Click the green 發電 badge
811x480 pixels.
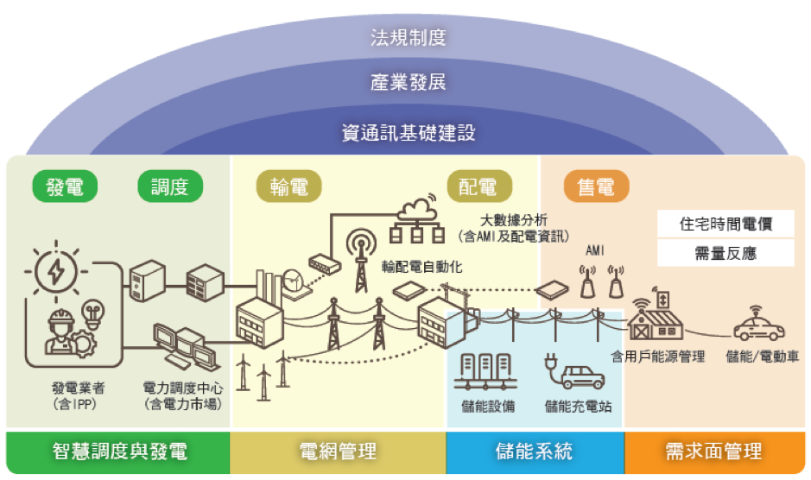(65, 186)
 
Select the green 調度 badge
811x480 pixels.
(170, 186)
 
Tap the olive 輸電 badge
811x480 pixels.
(288, 186)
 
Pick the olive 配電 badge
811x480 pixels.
(478, 186)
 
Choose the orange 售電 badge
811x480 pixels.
(596, 186)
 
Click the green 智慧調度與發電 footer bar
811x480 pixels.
(119, 451)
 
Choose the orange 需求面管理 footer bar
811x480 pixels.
(713, 451)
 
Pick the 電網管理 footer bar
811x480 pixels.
(337, 451)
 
